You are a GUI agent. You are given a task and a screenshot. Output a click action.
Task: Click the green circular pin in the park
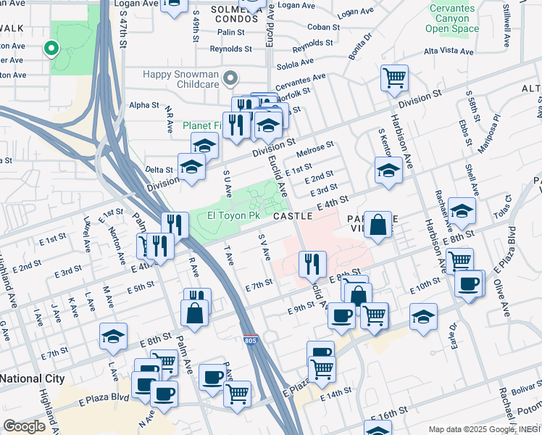(51, 49)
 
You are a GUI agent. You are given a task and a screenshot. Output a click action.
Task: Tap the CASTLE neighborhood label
(293, 216)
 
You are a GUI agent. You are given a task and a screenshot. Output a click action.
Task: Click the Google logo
(25, 426)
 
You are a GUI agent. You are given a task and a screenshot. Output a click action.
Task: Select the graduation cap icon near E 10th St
(423, 316)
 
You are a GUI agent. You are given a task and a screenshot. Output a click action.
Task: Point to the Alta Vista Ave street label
(449, 52)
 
